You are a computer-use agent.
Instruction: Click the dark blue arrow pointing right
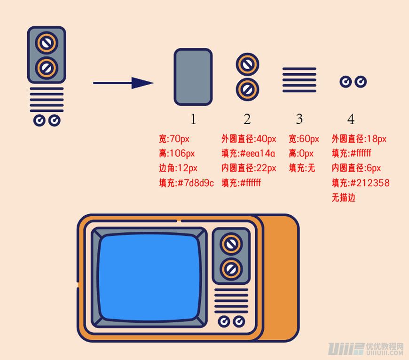tap(124, 83)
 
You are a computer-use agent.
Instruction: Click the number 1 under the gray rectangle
tap(193, 119)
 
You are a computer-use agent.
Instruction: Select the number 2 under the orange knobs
tap(247, 119)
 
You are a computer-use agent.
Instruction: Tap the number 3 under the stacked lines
tap(299, 119)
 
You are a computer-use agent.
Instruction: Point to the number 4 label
tap(351, 119)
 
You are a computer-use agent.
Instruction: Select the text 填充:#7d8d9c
tap(186, 183)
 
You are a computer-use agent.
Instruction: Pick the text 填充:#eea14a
tap(248, 153)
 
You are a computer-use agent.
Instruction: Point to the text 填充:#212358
tap(360, 183)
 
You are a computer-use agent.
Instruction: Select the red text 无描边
tap(343, 197)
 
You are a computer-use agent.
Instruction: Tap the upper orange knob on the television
tap(231, 244)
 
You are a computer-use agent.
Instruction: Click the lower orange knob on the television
tap(231, 268)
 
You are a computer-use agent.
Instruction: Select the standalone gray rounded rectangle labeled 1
tap(193, 77)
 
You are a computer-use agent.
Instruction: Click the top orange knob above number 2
tap(248, 64)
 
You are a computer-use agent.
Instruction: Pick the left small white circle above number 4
tap(346, 82)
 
